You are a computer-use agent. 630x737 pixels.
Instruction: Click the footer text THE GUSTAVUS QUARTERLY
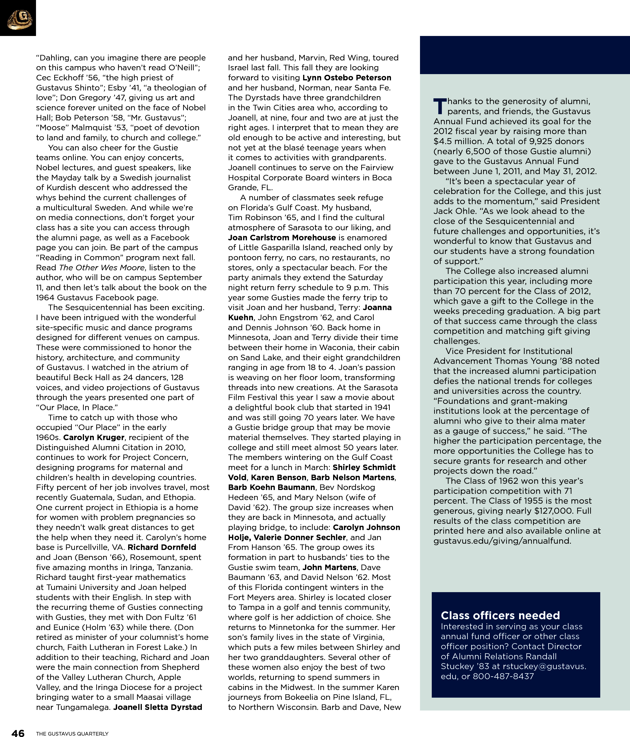pyautogui.click(x=72, y=733)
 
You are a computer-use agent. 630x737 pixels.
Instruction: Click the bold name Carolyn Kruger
pyautogui.click(x=94, y=437)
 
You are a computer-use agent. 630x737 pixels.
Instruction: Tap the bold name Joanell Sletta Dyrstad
pyautogui.click(x=158, y=707)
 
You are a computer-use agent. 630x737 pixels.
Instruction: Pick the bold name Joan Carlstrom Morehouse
pyautogui.click(x=282, y=238)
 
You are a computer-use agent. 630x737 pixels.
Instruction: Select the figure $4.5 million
pyautogui.click(x=455, y=141)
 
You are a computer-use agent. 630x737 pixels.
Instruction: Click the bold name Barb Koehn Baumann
pyautogui.click(x=272, y=487)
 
